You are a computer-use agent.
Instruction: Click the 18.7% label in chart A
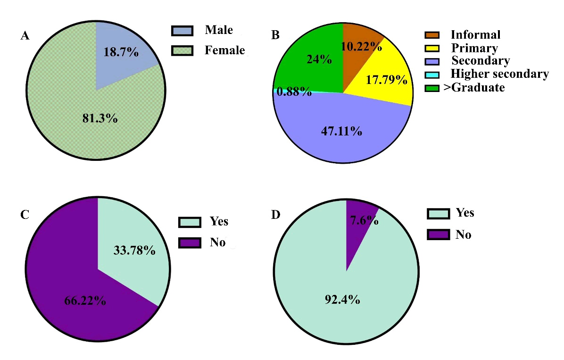(x=121, y=52)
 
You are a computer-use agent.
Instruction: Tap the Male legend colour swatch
(x=182, y=32)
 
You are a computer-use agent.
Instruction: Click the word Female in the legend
(x=224, y=50)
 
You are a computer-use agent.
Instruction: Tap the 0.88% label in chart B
(x=294, y=92)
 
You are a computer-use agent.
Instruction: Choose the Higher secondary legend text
(x=500, y=74)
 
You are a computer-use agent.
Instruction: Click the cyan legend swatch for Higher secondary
(x=432, y=75)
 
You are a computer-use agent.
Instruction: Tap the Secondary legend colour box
(x=432, y=61)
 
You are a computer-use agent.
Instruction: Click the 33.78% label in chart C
(x=134, y=250)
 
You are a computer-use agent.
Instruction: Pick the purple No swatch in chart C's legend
(x=189, y=243)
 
